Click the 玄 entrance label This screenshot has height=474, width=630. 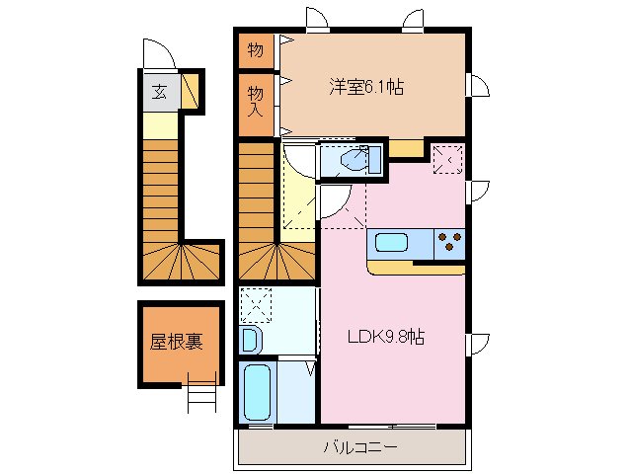(159, 94)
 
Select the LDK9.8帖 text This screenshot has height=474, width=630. (385, 337)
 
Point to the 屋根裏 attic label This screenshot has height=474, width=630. (177, 342)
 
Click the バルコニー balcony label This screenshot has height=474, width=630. (360, 448)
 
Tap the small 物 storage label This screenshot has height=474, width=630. (255, 48)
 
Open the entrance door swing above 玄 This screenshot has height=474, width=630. (158, 53)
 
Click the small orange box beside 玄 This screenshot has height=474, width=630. (190, 93)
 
